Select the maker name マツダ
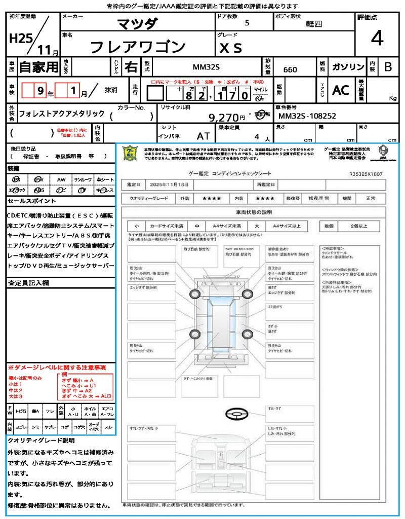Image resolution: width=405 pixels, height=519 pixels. tap(137, 24)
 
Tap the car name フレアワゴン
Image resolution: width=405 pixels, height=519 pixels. tap(138, 47)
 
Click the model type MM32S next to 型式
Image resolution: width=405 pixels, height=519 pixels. tap(207, 68)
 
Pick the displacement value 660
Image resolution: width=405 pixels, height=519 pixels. tap(290, 69)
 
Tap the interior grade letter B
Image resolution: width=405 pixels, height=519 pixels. tap(388, 67)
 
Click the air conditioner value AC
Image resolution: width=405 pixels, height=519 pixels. tap(341, 90)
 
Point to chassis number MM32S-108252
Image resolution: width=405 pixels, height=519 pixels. tap(307, 116)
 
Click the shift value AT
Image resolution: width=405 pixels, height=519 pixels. tap(203, 135)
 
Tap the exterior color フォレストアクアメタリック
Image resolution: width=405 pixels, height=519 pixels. tap(62, 114)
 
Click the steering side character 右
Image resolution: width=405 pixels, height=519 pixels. tap(131, 67)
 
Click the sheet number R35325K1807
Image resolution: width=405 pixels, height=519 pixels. tap(366, 174)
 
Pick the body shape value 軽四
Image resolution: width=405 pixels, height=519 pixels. tap(314, 24)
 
